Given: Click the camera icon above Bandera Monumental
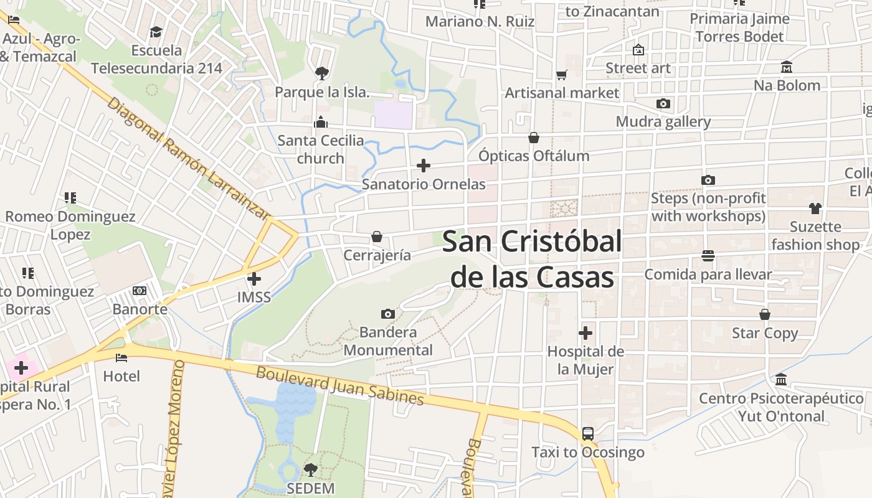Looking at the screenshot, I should click(387, 314).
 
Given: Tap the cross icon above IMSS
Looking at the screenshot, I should click(254, 279).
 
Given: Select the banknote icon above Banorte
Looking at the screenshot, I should click(140, 291).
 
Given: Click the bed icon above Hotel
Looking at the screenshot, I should click(121, 358).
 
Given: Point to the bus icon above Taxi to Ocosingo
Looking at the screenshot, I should click(587, 434).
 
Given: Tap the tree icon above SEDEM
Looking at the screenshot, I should click(310, 469).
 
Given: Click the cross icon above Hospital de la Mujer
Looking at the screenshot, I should click(585, 333).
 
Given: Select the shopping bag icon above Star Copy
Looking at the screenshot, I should click(765, 315).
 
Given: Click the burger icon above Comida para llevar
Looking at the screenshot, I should click(708, 256).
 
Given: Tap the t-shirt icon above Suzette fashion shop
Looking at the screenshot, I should click(815, 209).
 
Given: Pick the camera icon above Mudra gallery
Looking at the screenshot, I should click(663, 103).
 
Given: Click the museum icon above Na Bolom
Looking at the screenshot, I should click(787, 67).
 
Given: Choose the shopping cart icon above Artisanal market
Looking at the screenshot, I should click(562, 75).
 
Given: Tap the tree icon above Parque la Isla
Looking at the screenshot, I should click(322, 73).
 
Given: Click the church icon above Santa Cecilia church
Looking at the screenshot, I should click(321, 122).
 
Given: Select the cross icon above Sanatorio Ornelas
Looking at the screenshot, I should click(424, 166).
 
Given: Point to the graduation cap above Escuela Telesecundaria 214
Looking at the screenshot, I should click(156, 32).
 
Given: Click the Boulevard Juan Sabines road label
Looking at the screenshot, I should click(340, 386).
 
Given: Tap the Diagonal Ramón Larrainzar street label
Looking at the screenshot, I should click(187, 159).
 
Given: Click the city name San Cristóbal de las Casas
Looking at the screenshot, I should click(532, 259).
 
